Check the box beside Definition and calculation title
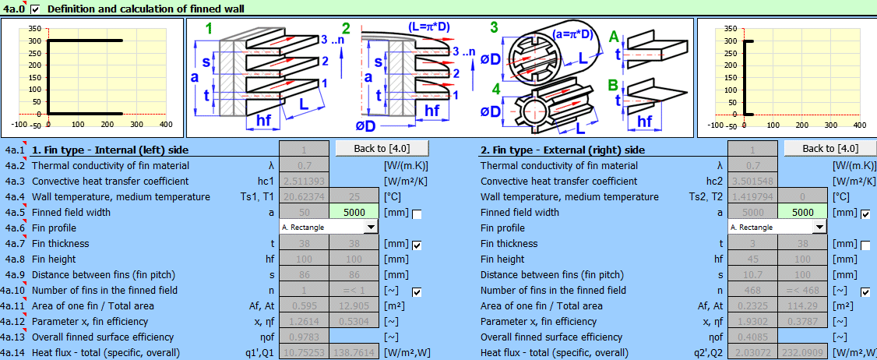tap(34, 9)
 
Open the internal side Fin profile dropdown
tap(371, 227)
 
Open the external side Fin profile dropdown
tap(819, 227)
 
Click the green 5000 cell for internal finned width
tap(355, 212)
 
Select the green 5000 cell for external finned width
tap(804, 212)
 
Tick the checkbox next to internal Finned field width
tap(417, 214)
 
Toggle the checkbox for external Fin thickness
tap(865, 245)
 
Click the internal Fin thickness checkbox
tap(417, 245)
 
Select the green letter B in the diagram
tap(615, 84)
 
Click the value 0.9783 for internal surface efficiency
tap(305, 337)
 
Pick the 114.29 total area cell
tap(804, 305)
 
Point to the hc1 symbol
tap(265, 181)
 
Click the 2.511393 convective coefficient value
tap(305, 181)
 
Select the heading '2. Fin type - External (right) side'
tap(562, 150)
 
